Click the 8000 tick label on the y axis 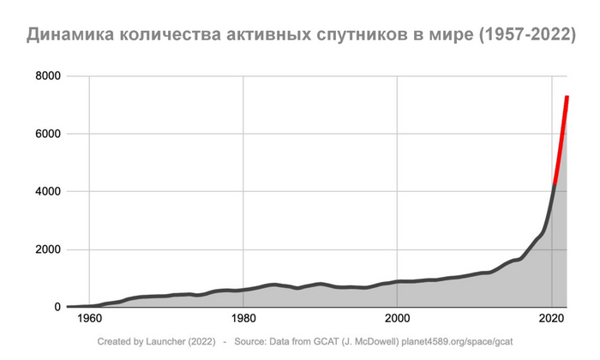(x=48, y=77)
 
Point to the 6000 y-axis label (x=48, y=135)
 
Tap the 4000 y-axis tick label (x=48, y=192)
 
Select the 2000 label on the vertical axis (x=48, y=249)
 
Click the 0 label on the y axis (x=57, y=307)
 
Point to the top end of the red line (x=567, y=97)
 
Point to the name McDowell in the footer (x=380, y=341)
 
